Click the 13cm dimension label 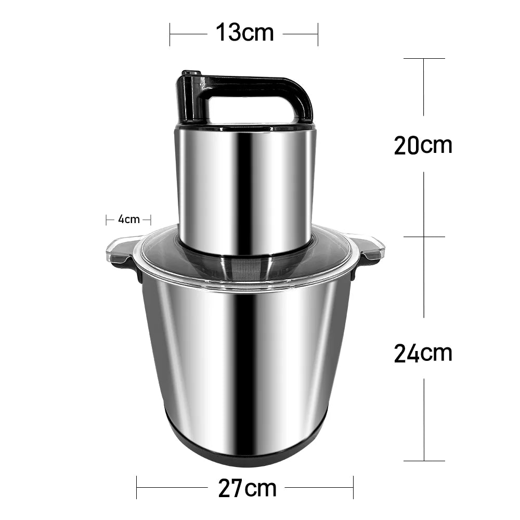(x=244, y=33)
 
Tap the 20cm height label (x=423, y=145)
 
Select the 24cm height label (x=423, y=353)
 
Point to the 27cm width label (x=247, y=489)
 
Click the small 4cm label (x=128, y=219)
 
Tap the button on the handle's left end (x=190, y=74)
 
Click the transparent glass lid (x=244, y=268)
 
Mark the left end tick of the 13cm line (x=170, y=34)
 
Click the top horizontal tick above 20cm (x=424, y=59)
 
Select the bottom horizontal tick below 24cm (x=424, y=461)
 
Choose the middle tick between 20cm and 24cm (x=424, y=237)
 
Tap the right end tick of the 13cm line (x=318, y=34)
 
